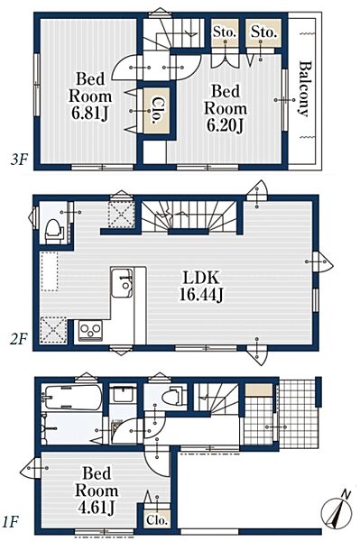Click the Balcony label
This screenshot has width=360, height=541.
coord(305,89)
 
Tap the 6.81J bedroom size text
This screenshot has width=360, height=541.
coord(90,113)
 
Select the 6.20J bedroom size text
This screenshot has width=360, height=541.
coord(225,125)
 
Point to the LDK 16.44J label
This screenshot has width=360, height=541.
coord(201,286)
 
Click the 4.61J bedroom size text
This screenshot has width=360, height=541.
coord(97,508)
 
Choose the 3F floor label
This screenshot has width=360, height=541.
coord(18,160)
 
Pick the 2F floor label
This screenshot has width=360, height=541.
coord(18,340)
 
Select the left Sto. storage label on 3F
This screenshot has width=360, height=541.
coord(225,32)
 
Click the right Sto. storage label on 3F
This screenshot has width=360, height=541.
coord(263,32)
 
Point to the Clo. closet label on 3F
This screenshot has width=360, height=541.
coord(157,110)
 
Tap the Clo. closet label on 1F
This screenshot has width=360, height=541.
coord(157,520)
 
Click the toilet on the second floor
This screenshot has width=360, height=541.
coord(54,229)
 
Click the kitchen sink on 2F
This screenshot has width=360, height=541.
coord(122,282)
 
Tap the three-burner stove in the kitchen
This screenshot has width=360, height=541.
coord(90,330)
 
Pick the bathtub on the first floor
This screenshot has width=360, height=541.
coord(72,397)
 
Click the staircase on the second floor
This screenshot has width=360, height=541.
coord(189,216)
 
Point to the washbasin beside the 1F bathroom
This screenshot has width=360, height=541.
coord(124,394)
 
